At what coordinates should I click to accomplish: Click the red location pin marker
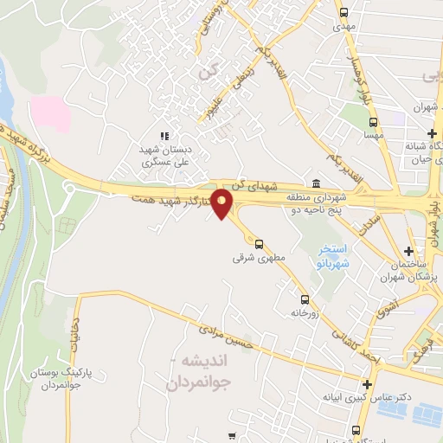222,203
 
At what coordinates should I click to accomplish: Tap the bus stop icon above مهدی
344,13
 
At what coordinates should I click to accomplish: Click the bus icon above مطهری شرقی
259,244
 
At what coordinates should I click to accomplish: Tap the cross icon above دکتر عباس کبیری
369,384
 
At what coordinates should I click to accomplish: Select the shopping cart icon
231,435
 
